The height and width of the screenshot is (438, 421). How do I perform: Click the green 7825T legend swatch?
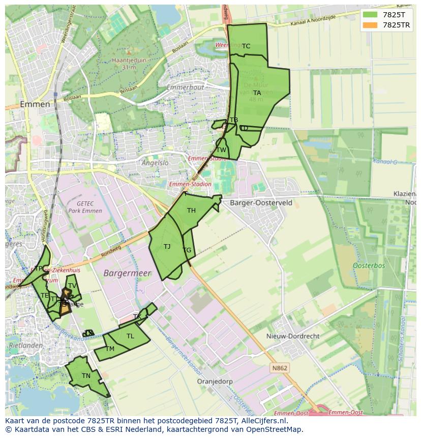click(370, 14)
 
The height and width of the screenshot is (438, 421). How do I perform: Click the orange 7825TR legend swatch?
click(370, 25)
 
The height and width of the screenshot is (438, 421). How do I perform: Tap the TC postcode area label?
click(246, 46)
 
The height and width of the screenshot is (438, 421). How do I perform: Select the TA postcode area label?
click(257, 93)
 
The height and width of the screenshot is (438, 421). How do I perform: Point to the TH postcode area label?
click(191, 211)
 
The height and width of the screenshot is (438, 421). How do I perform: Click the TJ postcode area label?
click(167, 247)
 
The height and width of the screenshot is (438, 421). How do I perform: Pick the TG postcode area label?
click(187, 250)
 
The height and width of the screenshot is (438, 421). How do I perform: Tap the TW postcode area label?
click(221, 150)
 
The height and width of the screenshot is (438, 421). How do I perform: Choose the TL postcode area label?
click(131, 336)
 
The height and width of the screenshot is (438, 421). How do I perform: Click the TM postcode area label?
click(110, 349)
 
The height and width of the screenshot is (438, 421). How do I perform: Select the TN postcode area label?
click(86, 376)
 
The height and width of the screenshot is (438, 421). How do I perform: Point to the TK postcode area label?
click(137, 317)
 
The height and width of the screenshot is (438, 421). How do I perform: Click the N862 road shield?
click(280, 368)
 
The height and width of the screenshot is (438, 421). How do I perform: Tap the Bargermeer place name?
click(128, 273)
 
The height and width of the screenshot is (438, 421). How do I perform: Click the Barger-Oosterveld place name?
click(261, 202)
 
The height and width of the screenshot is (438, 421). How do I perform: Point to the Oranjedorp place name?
click(215, 381)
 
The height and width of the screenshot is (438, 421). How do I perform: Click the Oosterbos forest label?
click(369, 266)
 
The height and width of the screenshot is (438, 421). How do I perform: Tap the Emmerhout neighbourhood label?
click(188, 87)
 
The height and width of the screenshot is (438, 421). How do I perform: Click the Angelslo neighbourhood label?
click(155, 163)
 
